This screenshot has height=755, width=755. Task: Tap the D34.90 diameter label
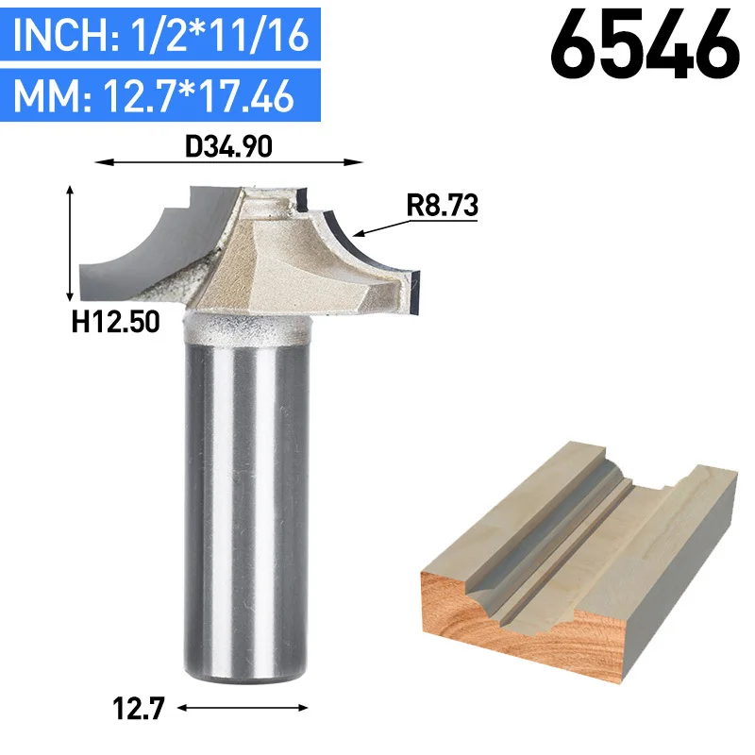[228, 146]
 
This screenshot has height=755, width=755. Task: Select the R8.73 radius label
[442, 205]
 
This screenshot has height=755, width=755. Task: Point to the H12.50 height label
[115, 322]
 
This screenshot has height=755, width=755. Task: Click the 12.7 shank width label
[139, 709]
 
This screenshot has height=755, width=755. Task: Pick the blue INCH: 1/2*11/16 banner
[160, 34]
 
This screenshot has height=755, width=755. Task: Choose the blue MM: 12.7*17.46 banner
[160, 95]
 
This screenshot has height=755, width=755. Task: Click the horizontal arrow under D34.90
[228, 162]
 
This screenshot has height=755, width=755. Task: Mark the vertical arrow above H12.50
[70, 243]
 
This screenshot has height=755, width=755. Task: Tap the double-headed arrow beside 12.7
[243, 707]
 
